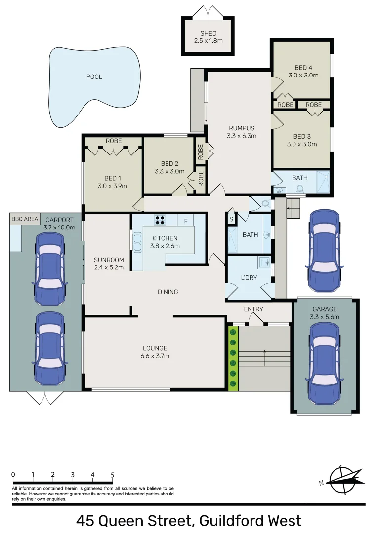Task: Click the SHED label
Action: pos(208,34)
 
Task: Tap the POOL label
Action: pos(94,77)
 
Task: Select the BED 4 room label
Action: pos(303,68)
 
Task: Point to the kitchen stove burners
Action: pos(160,220)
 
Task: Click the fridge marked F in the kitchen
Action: pos(186,221)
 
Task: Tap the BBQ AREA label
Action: pos(24,219)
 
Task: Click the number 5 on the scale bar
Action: pos(113,475)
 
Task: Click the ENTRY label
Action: pos(253,309)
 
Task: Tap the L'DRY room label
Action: pos(249,278)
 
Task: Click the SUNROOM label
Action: pos(108,260)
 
